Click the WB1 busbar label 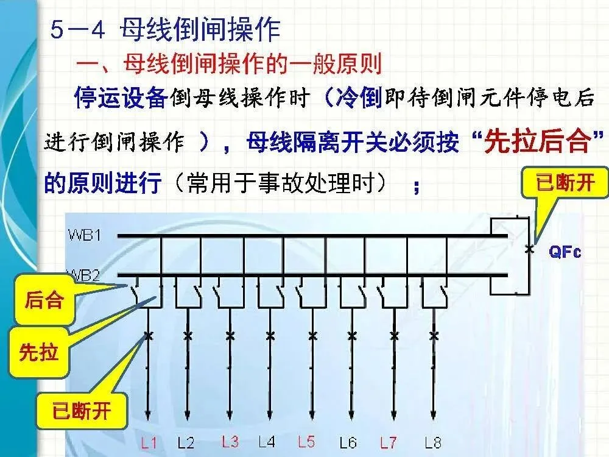tap(85, 235)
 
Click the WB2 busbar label tap(85, 275)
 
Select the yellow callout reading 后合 tap(44, 300)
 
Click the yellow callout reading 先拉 tap(39, 353)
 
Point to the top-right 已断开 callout tap(565, 183)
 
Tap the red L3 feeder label tap(230, 442)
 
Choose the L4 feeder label tap(268, 442)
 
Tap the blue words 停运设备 tap(120, 97)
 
